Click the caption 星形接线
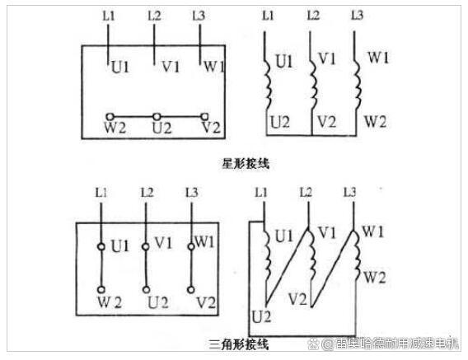(246, 164)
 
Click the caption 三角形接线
(238, 344)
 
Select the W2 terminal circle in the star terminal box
(110, 116)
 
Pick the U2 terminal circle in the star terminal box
(157, 116)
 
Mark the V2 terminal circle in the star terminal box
(204, 116)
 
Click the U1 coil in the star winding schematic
(268, 83)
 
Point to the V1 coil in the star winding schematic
(313, 83)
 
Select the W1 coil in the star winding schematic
(357, 83)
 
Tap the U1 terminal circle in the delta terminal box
(101, 247)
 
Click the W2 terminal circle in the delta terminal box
(101, 289)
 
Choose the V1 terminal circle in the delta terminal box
(146, 247)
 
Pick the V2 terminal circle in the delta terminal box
(190, 289)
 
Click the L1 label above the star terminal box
(108, 16)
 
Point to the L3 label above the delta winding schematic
(349, 193)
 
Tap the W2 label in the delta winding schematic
(375, 277)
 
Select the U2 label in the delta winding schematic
(261, 316)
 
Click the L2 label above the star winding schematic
(313, 16)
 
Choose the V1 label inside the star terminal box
(171, 67)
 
